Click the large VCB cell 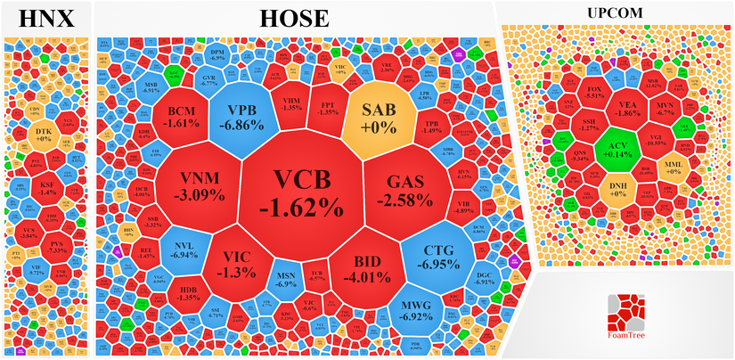point(301,194)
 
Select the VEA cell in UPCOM point(626,107)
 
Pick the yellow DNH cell point(617,188)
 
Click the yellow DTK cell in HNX point(42,135)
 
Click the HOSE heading point(294,18)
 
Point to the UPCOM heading point(614,13)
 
